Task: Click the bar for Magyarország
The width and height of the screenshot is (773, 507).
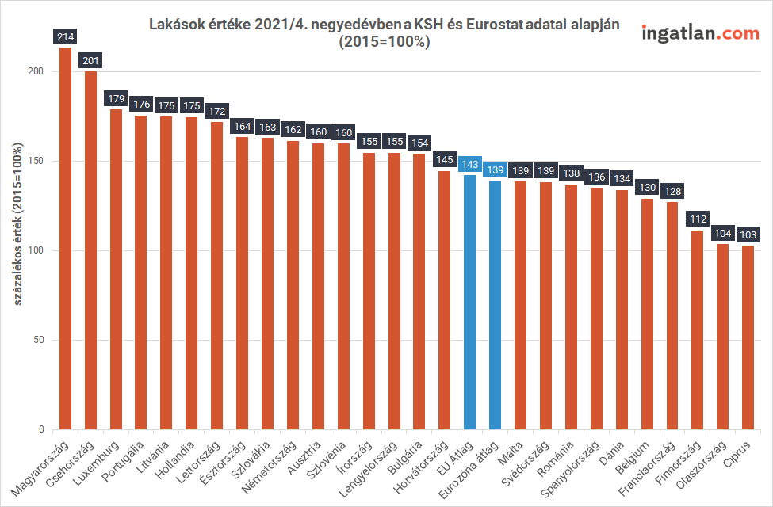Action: pos(65,238)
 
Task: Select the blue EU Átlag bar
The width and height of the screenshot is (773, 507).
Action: pos(469,302)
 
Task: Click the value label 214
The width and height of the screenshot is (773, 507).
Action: pos(65,36)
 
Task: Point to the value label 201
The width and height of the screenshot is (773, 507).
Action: pos(90,60)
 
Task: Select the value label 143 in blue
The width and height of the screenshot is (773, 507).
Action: pos(469,164)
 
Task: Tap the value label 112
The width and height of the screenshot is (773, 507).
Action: pos(697,219)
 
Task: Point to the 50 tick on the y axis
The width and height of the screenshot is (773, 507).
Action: pos(39,341)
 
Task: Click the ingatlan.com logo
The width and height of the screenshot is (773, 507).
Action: pos(699,33)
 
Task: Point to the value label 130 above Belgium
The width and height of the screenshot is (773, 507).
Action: pos(647,188)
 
